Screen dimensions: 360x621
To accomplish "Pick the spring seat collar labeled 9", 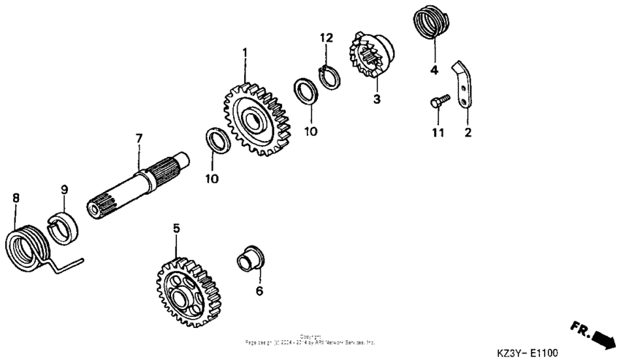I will [66, 224].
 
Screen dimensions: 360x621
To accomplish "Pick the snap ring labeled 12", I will [330, 76].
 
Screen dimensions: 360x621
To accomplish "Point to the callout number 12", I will [326, 37].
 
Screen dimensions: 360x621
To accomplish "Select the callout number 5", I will [176, 229].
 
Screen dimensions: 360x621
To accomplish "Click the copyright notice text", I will [310, 340].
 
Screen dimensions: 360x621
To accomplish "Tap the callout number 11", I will [438, 133].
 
